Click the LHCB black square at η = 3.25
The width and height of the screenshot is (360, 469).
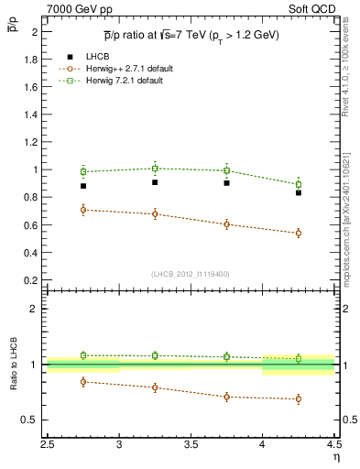click(x=155, y=182)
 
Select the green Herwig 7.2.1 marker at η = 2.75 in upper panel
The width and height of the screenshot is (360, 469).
click(x=83, y=171)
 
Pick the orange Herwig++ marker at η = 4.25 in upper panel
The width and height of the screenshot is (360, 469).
click(x=299, y=233)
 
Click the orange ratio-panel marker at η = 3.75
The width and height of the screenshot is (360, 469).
click(x=226, y=397)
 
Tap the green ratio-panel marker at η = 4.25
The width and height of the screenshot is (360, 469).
click(x=299, y=358)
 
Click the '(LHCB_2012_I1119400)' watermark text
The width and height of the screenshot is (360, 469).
click(x=191, y=274)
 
